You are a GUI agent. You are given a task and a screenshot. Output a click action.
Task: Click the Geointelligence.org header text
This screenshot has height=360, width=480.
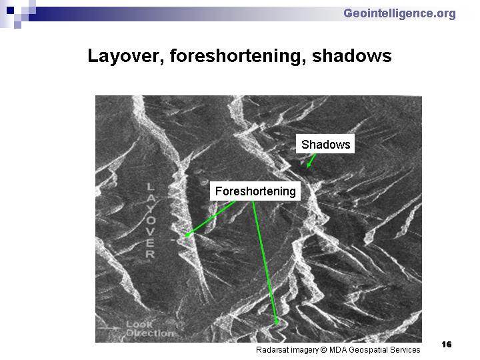pyautogui.click(x=399, y=14)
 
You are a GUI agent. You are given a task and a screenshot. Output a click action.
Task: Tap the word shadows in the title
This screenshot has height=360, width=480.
pyautogui.click(x=352, y=56)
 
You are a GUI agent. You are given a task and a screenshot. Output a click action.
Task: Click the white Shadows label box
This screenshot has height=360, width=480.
pyautogui.click(x=325, y=143)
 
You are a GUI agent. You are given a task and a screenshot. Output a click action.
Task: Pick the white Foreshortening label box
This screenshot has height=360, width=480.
pyautogui.click(x=255, y=191)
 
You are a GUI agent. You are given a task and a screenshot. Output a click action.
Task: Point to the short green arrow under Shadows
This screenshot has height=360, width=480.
pyautogui.click(x=311, y=161)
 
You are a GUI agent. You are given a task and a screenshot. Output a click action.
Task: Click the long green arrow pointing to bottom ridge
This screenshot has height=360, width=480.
pyautogui.click(x=265, y=263)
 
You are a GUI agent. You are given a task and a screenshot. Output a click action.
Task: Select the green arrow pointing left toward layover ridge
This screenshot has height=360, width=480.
pyautogui.click(x=210, y=219)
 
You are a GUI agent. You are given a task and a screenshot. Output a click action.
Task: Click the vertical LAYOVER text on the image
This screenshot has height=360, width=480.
pyautogui.click(x=151, y=221)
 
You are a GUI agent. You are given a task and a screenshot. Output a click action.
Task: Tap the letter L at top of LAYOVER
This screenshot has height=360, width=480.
pyautogui.click(x=150, y=187)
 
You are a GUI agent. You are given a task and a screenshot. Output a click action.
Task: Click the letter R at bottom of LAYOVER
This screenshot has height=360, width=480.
pyautogui.click(x=150, y=254)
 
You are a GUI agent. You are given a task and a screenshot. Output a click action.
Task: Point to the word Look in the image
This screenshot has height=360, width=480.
pyautogui.click(x=139, y=324)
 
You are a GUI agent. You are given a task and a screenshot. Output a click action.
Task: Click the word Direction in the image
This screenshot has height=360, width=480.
pyautogui.click(x=150, y=333)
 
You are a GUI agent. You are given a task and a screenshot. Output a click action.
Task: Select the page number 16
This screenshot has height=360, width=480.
pyautogui.click(x=446, y=345)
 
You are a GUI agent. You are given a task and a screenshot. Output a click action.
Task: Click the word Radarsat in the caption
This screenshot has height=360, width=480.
pyautogui.click(x=272, y=349)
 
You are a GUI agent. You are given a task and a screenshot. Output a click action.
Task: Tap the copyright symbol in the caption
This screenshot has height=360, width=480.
pyautogui.click(x=323, y=349)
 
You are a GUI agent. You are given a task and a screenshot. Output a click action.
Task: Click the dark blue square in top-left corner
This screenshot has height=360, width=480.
pyautogui.click(x=10, y=10)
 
